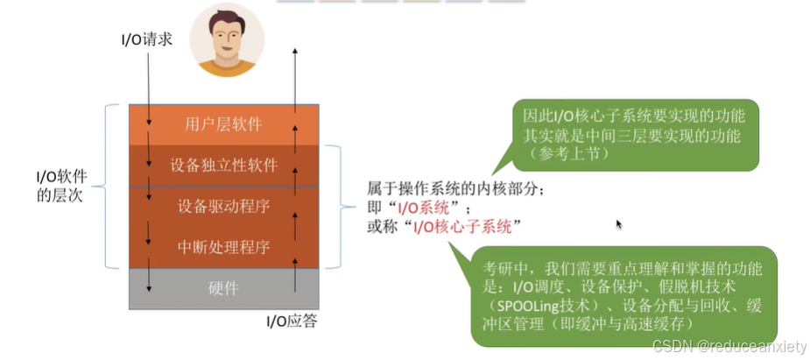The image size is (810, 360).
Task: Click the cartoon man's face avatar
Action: pyautogui.click(x=227, y=39)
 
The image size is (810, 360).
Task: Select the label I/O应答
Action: pyautogui.click(x=292, y=321)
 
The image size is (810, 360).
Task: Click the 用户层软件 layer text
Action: pyautogui.click(x=223, y=124)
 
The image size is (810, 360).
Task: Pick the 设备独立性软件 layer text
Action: pyautogui.click(x=223, y=166)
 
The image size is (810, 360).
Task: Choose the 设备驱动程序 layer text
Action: pyautogui.click(x=223, y=208)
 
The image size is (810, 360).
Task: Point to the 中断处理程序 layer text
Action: pyautogui.click(x=223, y=248)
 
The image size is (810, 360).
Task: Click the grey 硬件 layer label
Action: pyautogui.click(x=223, y=288)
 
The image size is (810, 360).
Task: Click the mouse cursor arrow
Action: pyautogui.click(x=620, y=224)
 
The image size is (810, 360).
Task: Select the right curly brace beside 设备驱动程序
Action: pyautogui.click(x=338, y=208)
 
